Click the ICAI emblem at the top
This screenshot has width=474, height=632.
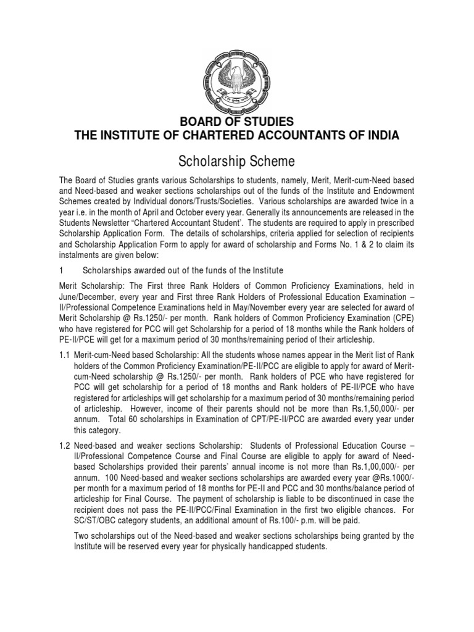click(237, 79)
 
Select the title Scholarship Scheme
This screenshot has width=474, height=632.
click(236, 161)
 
